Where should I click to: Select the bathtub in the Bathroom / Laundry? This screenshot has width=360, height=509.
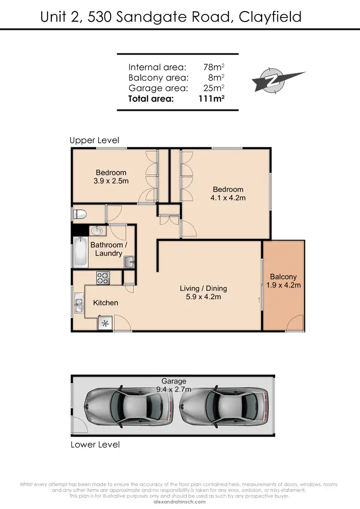[x=80, y=252]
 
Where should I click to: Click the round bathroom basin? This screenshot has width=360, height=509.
[x=97, y=231]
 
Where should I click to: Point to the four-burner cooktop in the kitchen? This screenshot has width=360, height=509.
[x=103, y=277]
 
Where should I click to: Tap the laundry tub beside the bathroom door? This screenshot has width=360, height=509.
[x=130, y=261]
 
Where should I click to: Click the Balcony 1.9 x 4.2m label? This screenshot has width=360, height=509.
[x=283, y=281]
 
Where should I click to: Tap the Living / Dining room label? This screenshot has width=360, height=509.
[x=203, y=293]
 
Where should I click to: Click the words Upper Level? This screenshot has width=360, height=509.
[x=94, y=141]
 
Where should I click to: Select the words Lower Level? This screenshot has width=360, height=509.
[x=95, y=444]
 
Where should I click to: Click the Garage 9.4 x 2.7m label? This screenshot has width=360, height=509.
[x=173, y=385]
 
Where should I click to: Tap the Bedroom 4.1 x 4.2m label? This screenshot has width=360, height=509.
[x=228, y=193]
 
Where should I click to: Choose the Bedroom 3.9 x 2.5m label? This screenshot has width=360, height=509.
[x=111, y=177]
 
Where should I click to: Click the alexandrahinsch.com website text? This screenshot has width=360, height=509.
[x=180, y=502]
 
